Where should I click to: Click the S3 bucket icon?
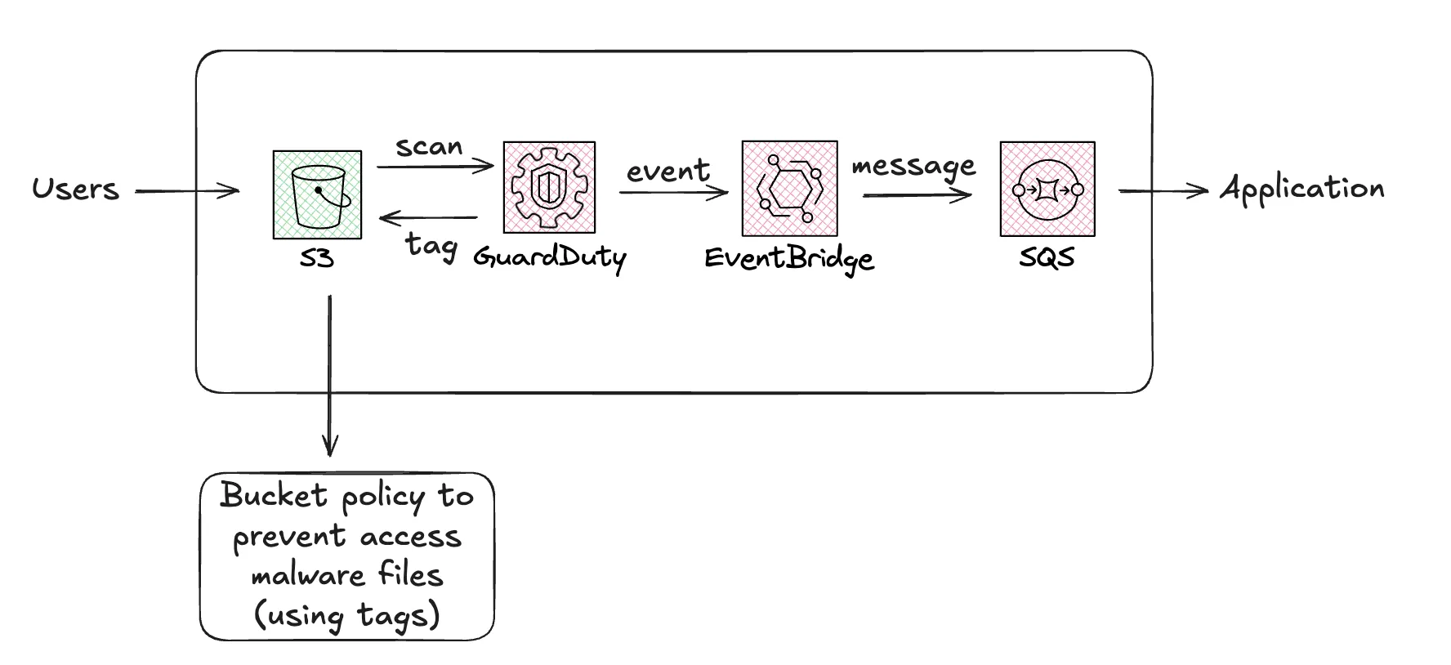pyautogui.click(x=317, y=194)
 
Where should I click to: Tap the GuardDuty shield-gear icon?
pyautogui.click(x=549, y=187)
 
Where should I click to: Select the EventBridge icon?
pyautogui.click(x=789, y=188)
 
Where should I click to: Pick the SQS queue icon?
pyautogui.click(x=1047, y=189)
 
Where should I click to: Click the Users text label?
pyautogui.click(x=75, y=190)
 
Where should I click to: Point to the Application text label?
pyautogui.click(x=1302, y=189)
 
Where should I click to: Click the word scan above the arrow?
pyautogui.click(x=429, y=147)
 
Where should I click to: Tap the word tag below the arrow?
pyautogui.click(x=431, y=245)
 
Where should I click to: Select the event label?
pyautogui.click(x=668, y=172)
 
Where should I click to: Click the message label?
pyautogui.click(x=913, y=167)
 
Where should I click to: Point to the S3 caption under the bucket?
pyautogui.click(x=317, y=259)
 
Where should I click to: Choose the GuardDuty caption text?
pyautogui.click(x=550, y=258)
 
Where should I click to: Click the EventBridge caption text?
pyautogui.click(x=789, y=259)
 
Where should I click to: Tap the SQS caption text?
pyautogui.click(x=1047, y=258)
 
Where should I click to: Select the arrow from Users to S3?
pyautogui.click(x=187, y=192)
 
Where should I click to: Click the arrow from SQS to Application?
pyautogui.click(x=1163, y=191)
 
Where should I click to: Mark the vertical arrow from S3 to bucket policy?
pyautogui.click(x=329, y=376)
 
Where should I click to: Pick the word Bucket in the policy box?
pyautogui.click(x=274, y=496)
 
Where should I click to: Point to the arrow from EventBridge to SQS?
pyautogui.click(x=917, y=195)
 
